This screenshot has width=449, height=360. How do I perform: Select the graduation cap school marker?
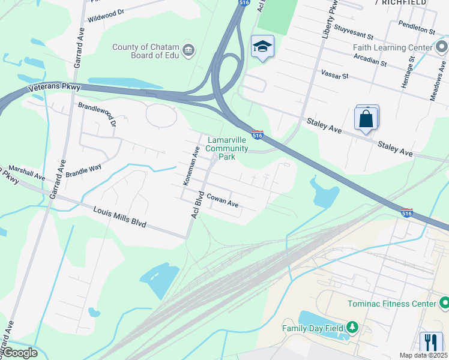pos(262,47)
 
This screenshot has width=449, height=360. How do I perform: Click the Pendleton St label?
pos(416,28)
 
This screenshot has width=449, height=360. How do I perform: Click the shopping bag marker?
pos(366,118)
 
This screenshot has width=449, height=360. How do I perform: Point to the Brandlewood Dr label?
pos(97,114)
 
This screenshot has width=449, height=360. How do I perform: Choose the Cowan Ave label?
pos(223,200)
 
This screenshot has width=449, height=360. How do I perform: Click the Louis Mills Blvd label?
pos(120,217)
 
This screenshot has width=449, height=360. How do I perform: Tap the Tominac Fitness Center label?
pos(392,304)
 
